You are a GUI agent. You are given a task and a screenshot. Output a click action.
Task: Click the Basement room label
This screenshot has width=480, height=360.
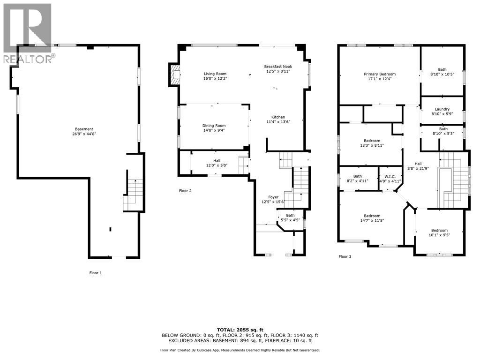84,129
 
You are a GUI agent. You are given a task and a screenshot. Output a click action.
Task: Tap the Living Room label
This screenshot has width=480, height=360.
215,74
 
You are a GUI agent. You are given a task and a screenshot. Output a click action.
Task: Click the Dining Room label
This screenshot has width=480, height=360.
214,126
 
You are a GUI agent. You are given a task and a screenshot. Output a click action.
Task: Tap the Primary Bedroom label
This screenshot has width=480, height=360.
380,74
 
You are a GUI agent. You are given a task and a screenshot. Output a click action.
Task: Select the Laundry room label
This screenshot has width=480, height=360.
442,109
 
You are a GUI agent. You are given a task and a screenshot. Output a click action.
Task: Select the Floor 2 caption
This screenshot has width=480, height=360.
185,191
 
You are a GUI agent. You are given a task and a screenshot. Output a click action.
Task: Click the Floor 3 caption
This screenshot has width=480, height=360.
345,256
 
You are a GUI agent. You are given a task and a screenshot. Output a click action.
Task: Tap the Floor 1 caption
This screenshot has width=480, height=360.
95,273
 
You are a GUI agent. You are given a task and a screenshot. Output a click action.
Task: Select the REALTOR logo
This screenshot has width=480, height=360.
27,33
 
